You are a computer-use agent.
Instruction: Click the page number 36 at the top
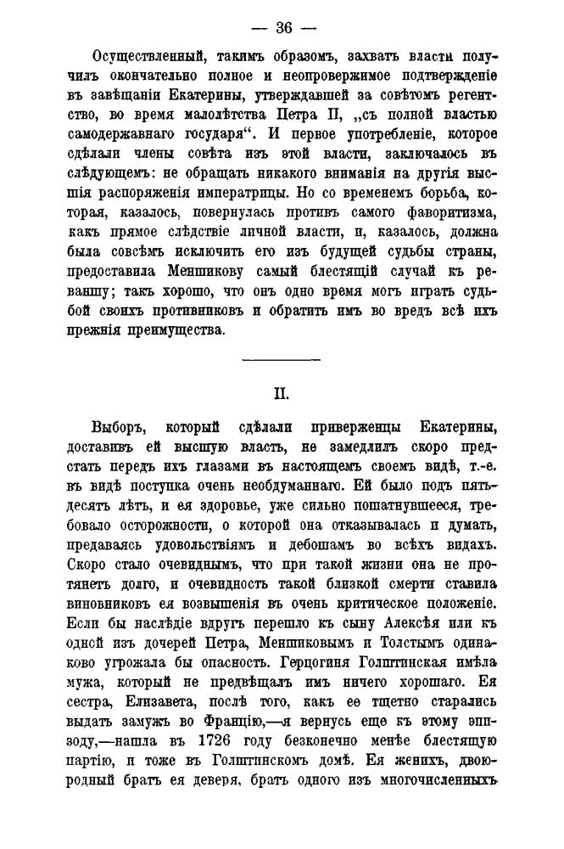[282, 27]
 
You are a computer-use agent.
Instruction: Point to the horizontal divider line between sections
[282, 361]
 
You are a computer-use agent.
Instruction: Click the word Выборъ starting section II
[120, 426]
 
